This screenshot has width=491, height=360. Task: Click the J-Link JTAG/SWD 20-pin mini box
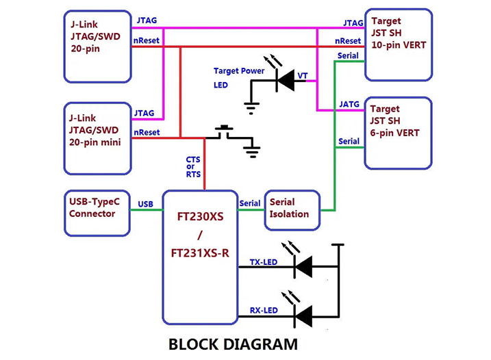coord(97,139)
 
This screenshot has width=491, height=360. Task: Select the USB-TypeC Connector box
coord(97,213)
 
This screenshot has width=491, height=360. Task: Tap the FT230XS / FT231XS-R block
coord(200,256)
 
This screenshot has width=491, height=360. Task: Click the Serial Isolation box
coord(292,208)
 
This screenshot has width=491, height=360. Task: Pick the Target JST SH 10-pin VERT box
coord(398,44)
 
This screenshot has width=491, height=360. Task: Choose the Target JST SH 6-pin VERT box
coord(398,132)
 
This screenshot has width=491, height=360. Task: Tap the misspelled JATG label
coord(349,104)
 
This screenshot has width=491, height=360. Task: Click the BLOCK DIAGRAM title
coord(233,344)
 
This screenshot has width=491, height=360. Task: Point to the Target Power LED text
coord(238,77)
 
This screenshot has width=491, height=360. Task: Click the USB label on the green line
coord(145,204)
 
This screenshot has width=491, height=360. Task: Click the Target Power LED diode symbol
coord(284,80)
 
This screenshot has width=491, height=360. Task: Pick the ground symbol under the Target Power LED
coord(251,105)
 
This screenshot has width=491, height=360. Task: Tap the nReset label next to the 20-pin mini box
coord(147,132)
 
